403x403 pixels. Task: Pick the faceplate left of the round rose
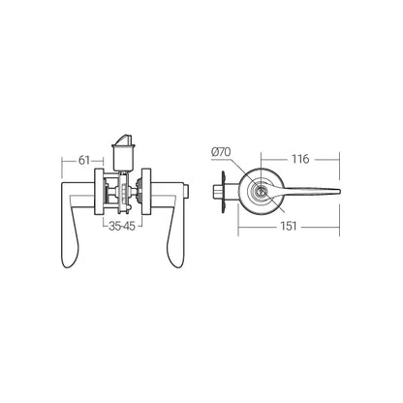(228, 191)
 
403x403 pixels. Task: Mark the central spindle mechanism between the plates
(122, 192)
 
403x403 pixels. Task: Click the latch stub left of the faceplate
(215, 190)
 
